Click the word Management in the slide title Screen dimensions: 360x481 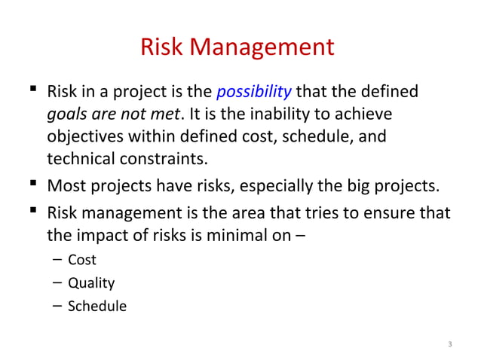tap(263, 47)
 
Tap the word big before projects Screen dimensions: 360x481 tap(357, 186)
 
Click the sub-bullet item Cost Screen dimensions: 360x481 tap(82, 261)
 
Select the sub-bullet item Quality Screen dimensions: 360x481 tap(91, 284)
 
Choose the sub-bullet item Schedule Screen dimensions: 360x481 tap(97, 307)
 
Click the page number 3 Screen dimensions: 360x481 tap(449, 345)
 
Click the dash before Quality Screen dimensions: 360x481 tap(57, 284)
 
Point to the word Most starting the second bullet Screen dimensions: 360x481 tap(65, 186)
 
